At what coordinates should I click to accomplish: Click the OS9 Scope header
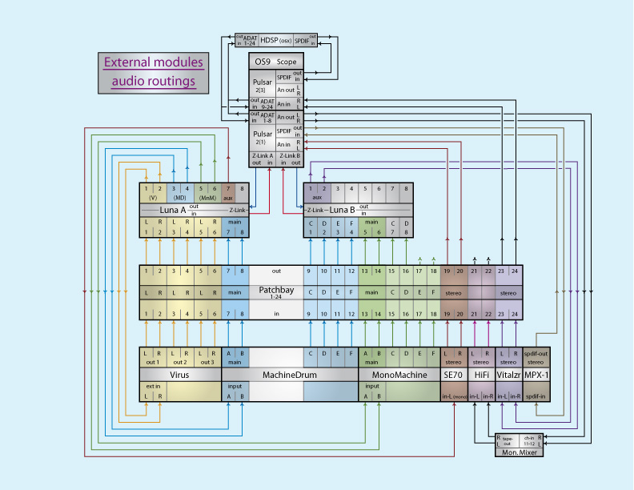point(275,62)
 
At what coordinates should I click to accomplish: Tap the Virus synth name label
point(180,374)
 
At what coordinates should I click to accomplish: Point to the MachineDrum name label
point(289,374)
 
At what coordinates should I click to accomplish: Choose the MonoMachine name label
point(399,374)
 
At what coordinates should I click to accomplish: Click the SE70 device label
point(454,374)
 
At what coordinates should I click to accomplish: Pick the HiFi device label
point(482,374)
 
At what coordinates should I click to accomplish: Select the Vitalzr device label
point(508,374)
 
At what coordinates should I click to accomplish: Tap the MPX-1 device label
point(536,374)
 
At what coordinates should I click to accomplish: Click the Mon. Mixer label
point(520,452)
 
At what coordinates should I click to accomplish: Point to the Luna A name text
point(173,210)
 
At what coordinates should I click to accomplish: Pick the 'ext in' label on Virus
point(152,388)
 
